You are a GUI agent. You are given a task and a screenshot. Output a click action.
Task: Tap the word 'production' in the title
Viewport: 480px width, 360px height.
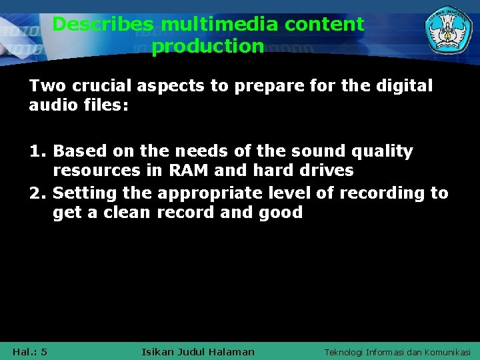(207, 47)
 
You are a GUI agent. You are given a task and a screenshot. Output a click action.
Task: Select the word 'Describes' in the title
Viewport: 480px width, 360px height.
(103, 25)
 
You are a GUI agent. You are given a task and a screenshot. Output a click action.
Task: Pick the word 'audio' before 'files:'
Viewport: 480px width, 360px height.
(52, 106)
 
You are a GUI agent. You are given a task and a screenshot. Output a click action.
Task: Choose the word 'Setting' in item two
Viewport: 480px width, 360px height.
(85, 193)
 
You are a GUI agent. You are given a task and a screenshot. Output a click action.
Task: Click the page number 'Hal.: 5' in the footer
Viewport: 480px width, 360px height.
(30, 351)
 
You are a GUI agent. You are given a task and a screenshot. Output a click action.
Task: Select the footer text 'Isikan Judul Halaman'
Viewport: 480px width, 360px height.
(198, 351)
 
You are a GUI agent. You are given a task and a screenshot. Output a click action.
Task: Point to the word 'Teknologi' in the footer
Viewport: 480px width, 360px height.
(344, 351)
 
